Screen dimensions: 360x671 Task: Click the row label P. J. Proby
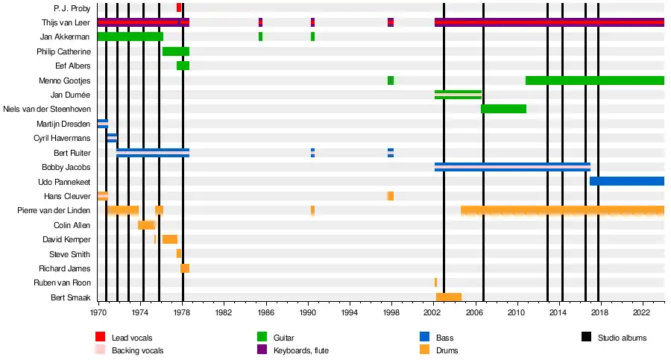tap(72, 7)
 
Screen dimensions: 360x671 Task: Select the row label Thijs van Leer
tap(66, 22)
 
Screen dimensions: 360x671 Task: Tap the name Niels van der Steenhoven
tap(47, 109)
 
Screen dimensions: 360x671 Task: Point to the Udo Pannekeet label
tap(64, 181)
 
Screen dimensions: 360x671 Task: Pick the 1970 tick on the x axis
tap(98, 316)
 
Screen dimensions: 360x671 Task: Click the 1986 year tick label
tap(266, 316)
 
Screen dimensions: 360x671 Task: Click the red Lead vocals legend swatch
tap(100, 338)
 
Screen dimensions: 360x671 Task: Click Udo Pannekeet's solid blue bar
tap(626, 181)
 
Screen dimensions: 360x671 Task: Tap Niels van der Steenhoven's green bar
tap(503, 109)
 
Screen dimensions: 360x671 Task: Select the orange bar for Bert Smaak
tap(448, 297)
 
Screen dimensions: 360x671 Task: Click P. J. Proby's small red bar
tap(179, 7)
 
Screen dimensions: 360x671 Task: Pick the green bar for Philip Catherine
tap(176, 51)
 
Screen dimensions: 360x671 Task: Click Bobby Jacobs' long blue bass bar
tap(512, 167)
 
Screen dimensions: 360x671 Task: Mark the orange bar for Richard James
tap(185, 268)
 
